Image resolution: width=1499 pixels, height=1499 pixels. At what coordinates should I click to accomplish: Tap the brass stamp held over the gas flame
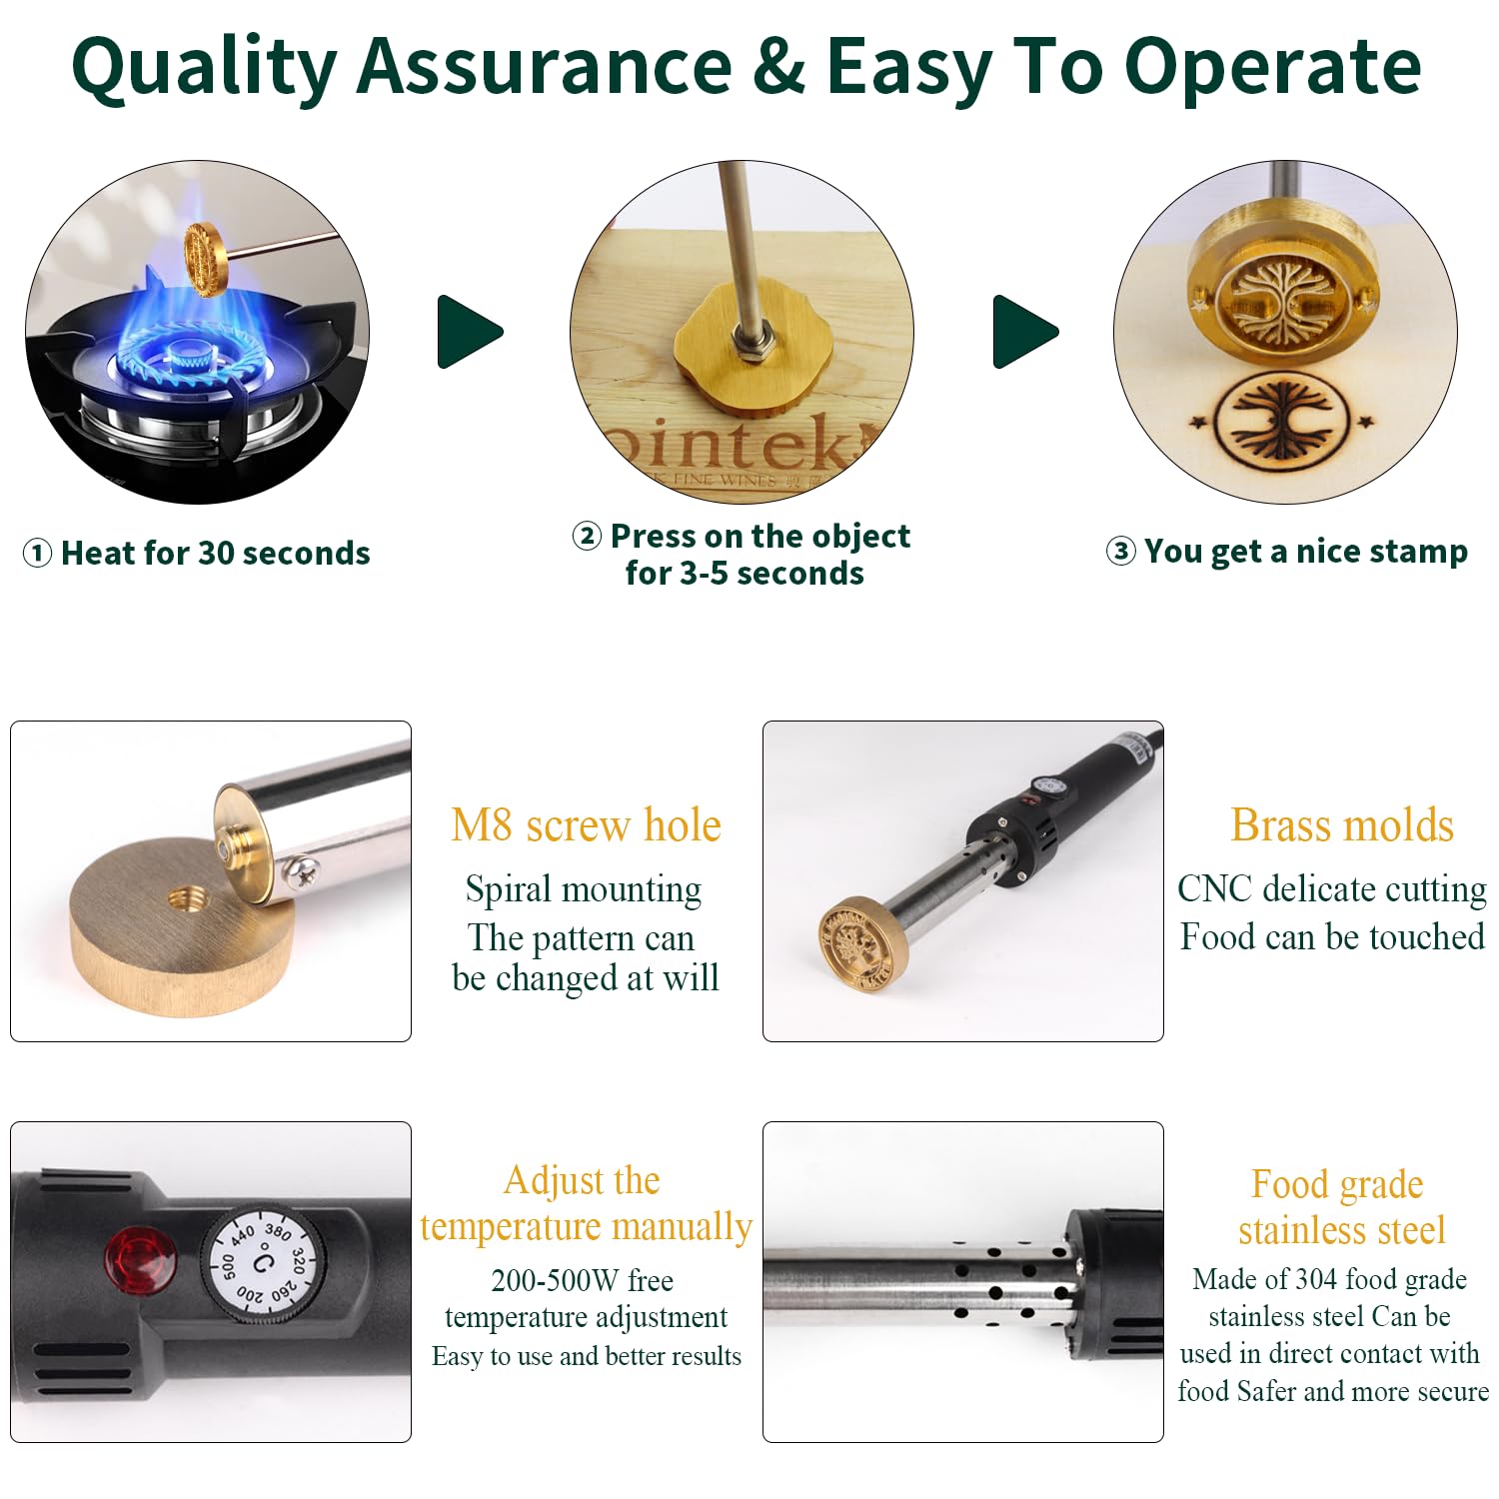207,259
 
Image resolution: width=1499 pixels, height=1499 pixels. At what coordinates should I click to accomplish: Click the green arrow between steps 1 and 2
470,332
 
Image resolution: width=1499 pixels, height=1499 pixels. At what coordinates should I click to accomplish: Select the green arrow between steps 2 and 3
1025,332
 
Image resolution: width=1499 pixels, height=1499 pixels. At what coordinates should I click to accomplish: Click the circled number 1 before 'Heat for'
37,554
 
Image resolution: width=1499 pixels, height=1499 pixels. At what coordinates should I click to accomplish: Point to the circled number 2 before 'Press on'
587,537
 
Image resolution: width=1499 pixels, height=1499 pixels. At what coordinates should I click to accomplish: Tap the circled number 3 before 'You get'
1121,552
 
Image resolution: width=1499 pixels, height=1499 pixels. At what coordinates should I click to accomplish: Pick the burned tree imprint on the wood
1281,420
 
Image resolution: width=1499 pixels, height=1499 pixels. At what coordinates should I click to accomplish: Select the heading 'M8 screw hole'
586,826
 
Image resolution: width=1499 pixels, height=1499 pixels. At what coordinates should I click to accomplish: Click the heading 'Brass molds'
1342,826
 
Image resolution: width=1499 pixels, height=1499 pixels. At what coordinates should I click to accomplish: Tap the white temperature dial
263,1263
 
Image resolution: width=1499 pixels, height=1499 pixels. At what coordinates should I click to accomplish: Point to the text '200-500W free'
582,1280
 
